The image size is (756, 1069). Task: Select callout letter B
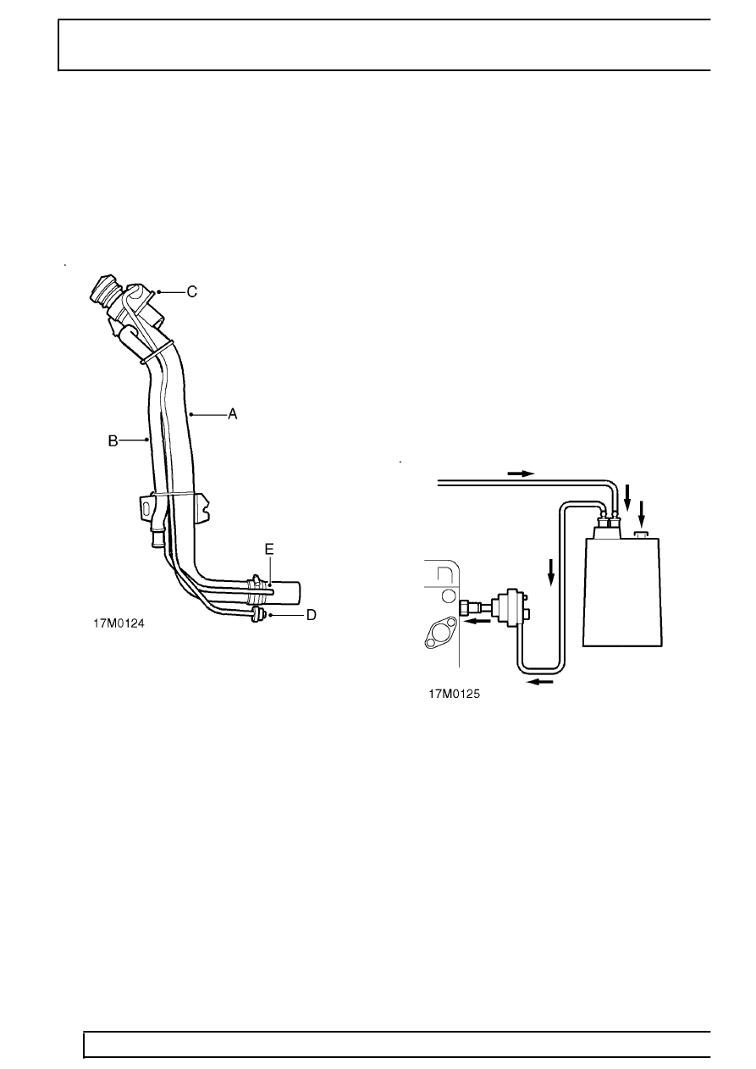[x=112, y=440]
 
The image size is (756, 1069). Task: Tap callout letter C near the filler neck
[x=192, y=291]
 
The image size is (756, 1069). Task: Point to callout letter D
[x=311, y=615]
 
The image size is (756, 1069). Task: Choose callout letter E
[x=269, y=549]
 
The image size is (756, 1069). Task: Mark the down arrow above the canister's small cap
[x=643, y=511]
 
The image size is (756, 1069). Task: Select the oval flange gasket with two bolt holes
[x=440, y=634]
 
